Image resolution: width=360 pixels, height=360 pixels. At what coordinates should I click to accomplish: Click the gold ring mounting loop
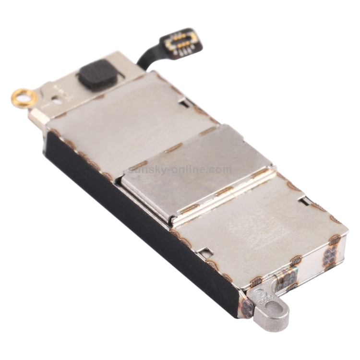[24, 97]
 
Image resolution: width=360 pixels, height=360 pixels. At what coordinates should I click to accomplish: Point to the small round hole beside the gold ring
[57, 101]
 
